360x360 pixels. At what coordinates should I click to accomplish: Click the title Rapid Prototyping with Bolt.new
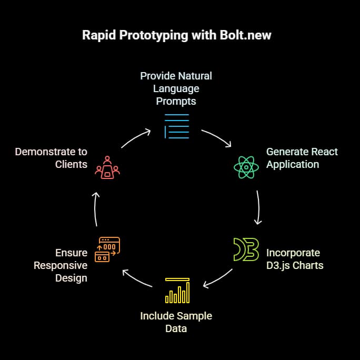tap(176, 36)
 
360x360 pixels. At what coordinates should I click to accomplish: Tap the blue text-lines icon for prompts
tap(176, 126)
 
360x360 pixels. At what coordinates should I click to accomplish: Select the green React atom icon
tap(246, 168)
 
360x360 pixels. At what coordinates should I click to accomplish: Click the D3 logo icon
tap(246, 249)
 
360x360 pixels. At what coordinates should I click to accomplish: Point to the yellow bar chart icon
tap(177, 290)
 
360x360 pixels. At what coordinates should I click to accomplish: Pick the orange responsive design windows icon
tap(107, 249)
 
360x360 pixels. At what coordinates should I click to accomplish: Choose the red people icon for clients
tap(107, 166)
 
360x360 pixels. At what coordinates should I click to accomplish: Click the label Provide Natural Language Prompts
tap(176, 88)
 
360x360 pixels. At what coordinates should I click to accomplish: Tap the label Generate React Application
tap(302, 158)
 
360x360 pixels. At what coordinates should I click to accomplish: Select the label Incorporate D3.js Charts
tap(294, 259)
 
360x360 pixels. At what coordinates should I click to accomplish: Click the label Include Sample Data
tap(176, 322)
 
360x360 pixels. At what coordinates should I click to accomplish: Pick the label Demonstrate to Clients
tap(51, 158)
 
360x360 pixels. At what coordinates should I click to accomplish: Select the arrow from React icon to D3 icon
tap(258, 207)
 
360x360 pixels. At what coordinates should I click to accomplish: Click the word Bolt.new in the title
tap(247, 36)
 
